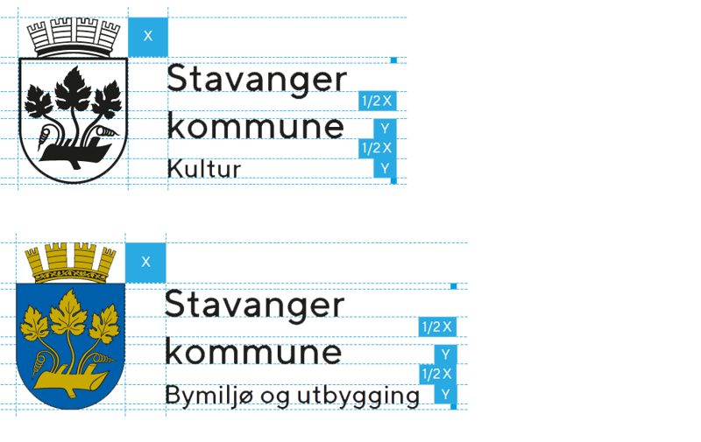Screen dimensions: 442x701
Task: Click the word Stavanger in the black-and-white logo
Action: click(257, 79)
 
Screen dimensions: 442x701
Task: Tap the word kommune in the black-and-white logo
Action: click(257, 128)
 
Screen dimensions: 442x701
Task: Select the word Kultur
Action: click(204, 168)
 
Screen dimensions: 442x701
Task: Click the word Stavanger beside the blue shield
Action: click(255, 305)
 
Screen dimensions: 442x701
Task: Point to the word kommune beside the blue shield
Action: click(254, 354)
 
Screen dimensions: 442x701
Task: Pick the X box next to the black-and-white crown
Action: click(147, 36)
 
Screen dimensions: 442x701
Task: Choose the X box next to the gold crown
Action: click(145, 262)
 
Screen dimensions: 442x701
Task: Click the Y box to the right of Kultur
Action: click(385, 167)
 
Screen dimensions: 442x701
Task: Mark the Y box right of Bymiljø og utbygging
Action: click(445, 394)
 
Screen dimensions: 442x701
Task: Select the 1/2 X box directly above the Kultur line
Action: click(378, 148)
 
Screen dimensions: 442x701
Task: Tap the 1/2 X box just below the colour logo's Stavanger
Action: click(436, 327)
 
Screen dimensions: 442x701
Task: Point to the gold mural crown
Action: click(71, 262)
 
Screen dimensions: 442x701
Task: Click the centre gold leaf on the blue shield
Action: click(70, 314)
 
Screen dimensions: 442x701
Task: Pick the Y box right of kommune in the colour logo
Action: click(445, 354)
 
